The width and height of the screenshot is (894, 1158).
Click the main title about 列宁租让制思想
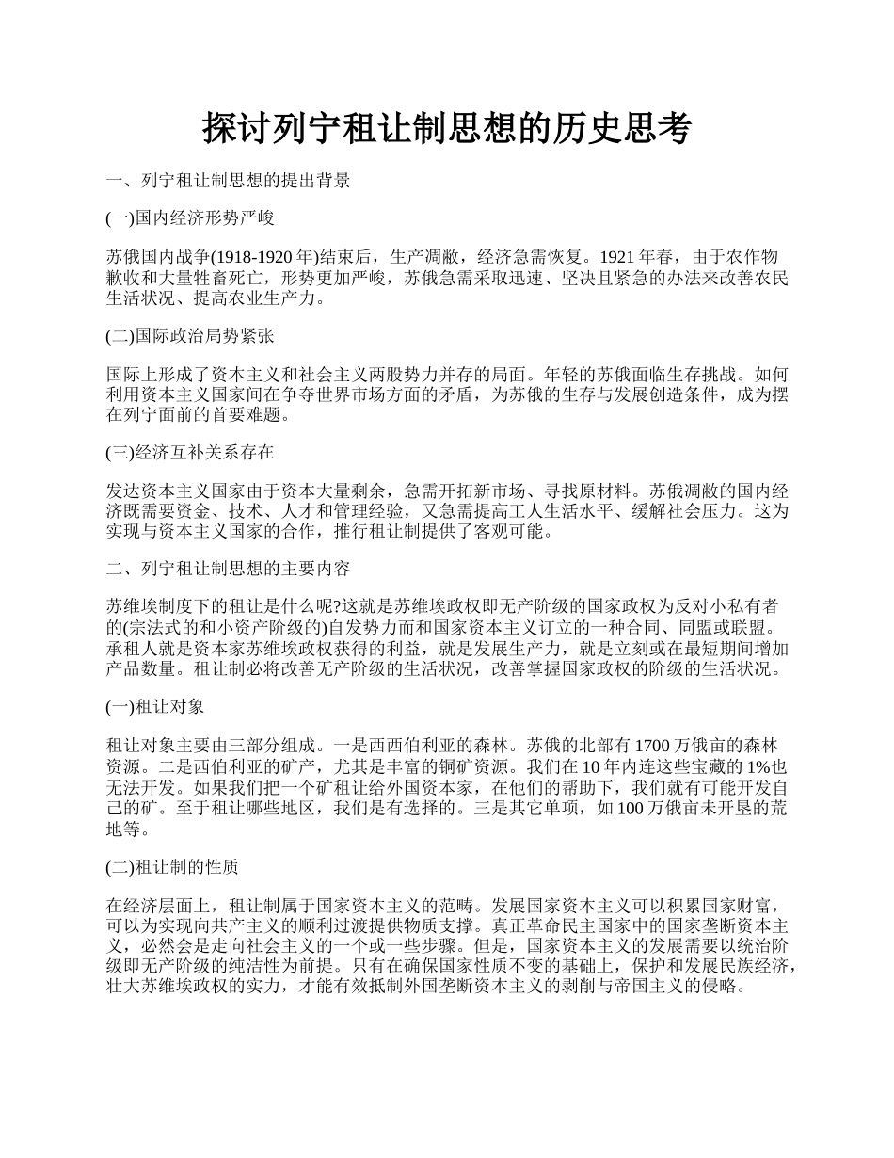coord(447,129)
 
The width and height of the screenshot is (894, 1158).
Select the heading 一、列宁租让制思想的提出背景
coord(228,181)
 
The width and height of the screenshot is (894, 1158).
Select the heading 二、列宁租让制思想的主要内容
coord(228,569)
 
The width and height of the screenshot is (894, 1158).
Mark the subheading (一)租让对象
coord(155,706)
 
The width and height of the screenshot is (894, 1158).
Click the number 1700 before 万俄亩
coord(655,745)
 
